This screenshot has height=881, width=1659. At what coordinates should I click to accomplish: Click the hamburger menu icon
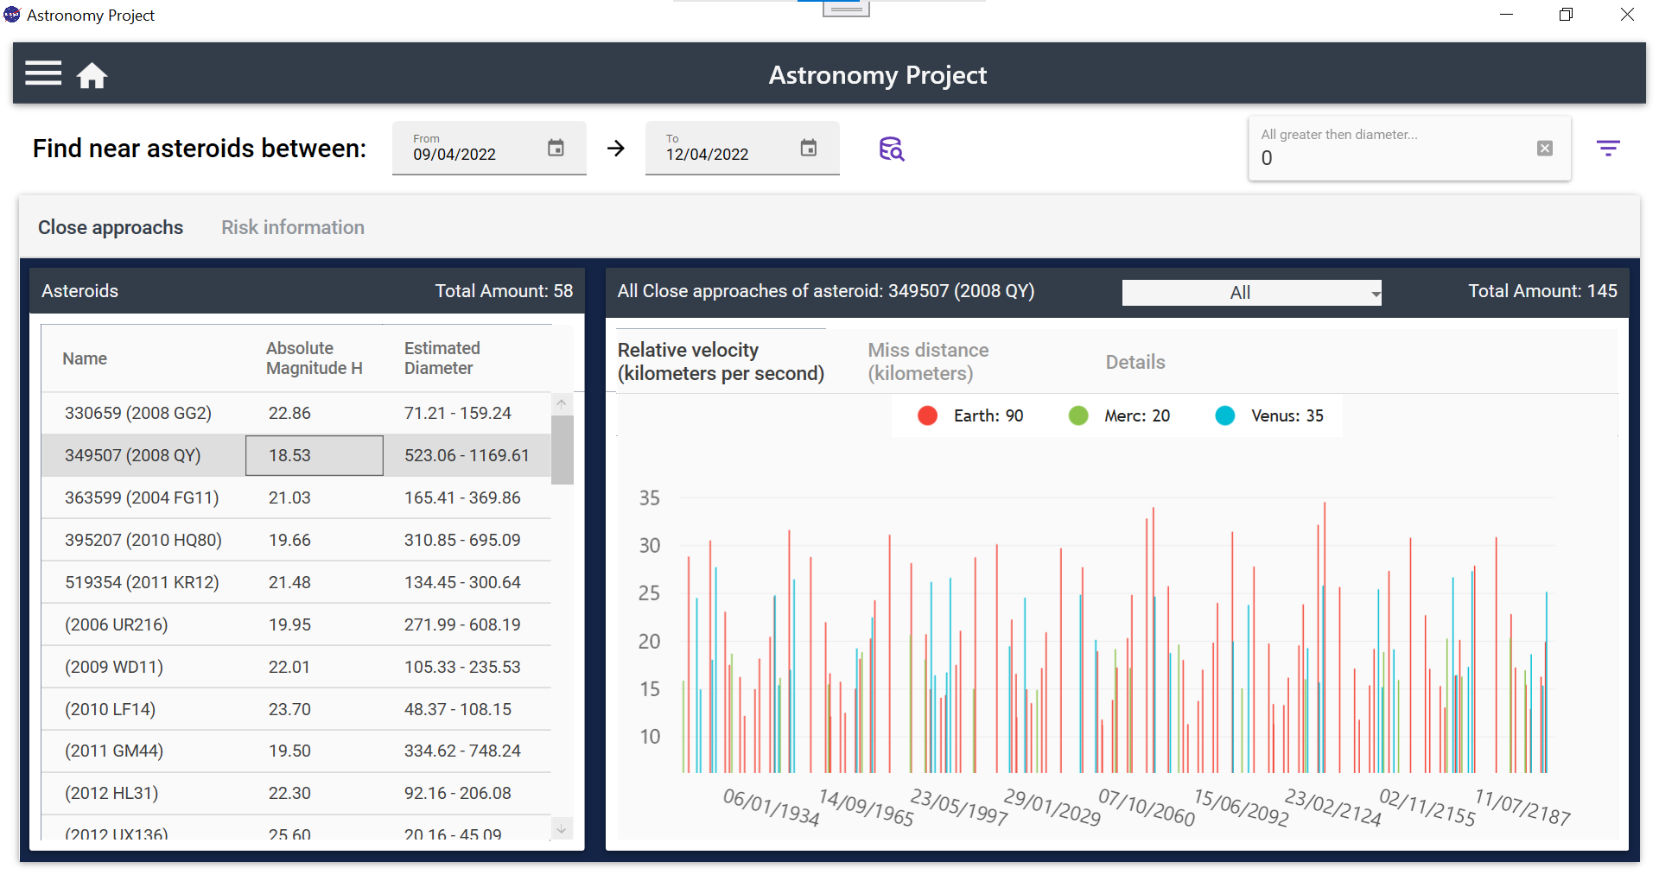pos(43,74)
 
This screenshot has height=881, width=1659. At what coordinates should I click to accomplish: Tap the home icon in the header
pos(92,76)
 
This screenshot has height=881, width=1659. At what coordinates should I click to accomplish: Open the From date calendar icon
pos(556,149)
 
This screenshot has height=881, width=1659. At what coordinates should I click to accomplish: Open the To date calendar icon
pos(808,149)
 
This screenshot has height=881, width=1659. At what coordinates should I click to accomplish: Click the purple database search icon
pos(891,149)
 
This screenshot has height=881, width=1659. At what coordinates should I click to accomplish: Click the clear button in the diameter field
pos(1545,149)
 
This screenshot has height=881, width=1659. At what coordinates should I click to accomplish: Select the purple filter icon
pos(1607,149)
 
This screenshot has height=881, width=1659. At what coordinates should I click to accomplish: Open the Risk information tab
pos(293,227)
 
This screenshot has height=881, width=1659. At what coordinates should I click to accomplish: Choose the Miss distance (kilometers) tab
pos(928,362)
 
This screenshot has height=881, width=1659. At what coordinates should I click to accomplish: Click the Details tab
pos(1135,363)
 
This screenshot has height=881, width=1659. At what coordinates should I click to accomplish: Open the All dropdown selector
pos(1251,293)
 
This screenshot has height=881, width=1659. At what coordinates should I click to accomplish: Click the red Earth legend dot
pos(928,416)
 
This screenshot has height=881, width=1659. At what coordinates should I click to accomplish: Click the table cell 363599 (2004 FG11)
pos(142,498)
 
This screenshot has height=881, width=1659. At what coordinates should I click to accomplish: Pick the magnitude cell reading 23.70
pos(289,710)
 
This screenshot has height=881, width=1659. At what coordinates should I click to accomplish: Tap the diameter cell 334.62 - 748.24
pos(462,751)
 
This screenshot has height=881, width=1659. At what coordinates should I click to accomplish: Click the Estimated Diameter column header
pos(442,358)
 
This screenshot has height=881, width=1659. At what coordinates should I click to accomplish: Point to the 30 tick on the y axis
pos(650,546)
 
